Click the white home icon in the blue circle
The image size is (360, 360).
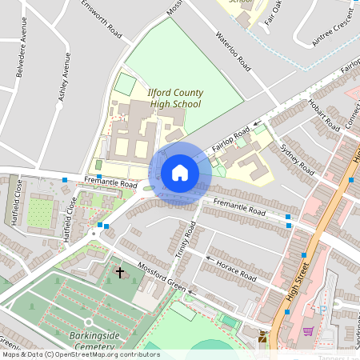[179, 172]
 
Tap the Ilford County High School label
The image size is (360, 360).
[174, 98]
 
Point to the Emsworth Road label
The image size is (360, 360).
[102, 19]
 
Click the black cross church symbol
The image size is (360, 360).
[120, 273]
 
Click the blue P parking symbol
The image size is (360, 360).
[323, 310]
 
